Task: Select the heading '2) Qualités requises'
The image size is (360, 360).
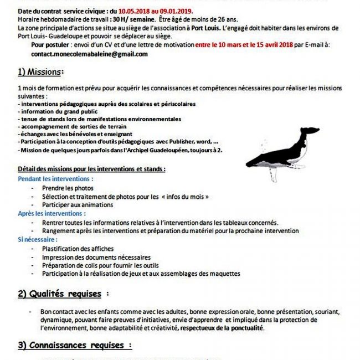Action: [63, 294]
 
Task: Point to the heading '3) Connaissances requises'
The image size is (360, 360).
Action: [74, 344]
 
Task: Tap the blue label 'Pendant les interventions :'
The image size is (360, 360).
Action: [55, 179]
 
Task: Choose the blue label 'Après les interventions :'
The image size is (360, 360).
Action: [52, 213]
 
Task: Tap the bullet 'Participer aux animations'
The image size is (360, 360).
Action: [77, 205]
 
